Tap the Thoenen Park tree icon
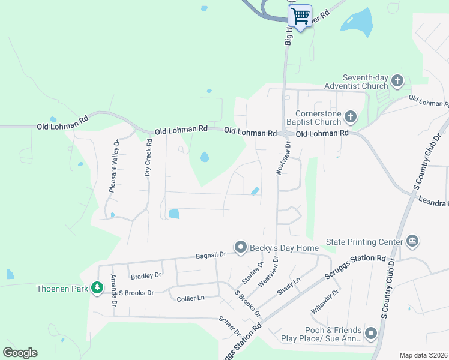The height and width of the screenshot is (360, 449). coord(97,289)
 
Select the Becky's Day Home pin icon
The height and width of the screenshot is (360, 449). coord(241,247)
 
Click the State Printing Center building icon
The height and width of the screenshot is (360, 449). coord(412,242)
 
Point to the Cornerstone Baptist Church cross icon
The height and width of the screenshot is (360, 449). coord(351,116)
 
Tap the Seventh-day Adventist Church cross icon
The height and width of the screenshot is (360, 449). coord(397,80)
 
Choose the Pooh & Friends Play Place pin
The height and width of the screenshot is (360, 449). coord(371,334)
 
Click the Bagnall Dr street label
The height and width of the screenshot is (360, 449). coord(210,256)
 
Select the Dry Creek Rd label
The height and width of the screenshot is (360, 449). coord(148,157)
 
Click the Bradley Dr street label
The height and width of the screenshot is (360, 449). coord(146,275)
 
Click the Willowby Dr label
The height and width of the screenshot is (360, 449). coord(325,301)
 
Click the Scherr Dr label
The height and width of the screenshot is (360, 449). coord(230,326)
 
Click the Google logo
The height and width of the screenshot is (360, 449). coord(20,353)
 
